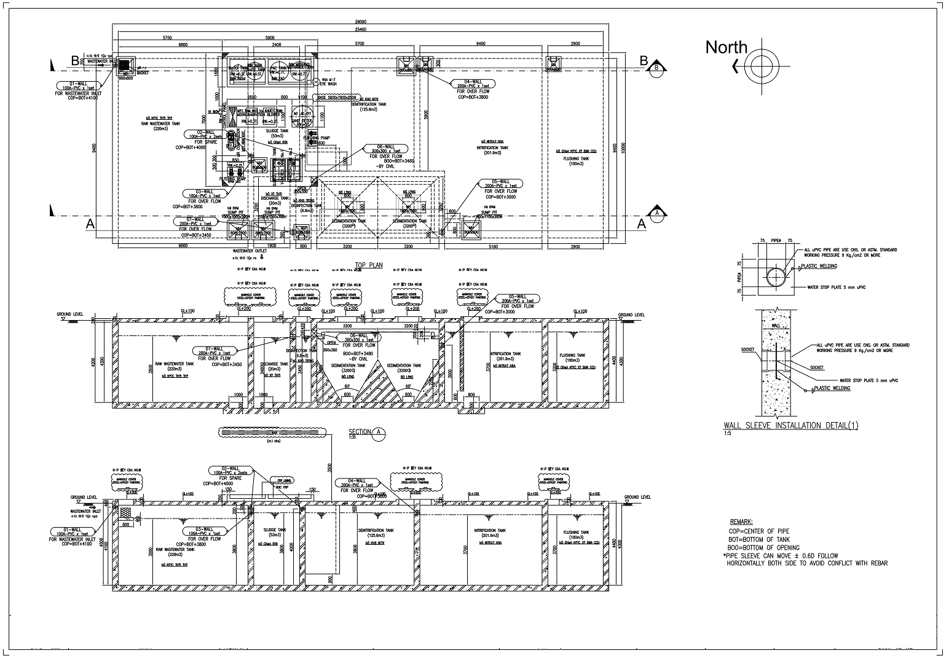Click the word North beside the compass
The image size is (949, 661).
pyautogui.click(x=726, y=47)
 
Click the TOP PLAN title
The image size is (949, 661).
pyautogui.click(x=368, y=265)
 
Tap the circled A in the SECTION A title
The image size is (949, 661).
pyautogui.click(x=379, y=432)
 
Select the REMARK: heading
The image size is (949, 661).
pyautogui.click(x=743, y=522)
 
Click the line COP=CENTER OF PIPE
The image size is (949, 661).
pyautogui.click(x=760, y=531)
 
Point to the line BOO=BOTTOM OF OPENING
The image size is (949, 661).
pyautogui.click(x=764, y=547)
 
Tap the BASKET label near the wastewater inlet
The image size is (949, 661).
pyautogui.click(x=142, y=72)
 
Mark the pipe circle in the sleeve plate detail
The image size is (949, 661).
pyautogui.click(x=776, y=277)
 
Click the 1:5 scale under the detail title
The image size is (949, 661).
pyautogui.click(x=728, y=434)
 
